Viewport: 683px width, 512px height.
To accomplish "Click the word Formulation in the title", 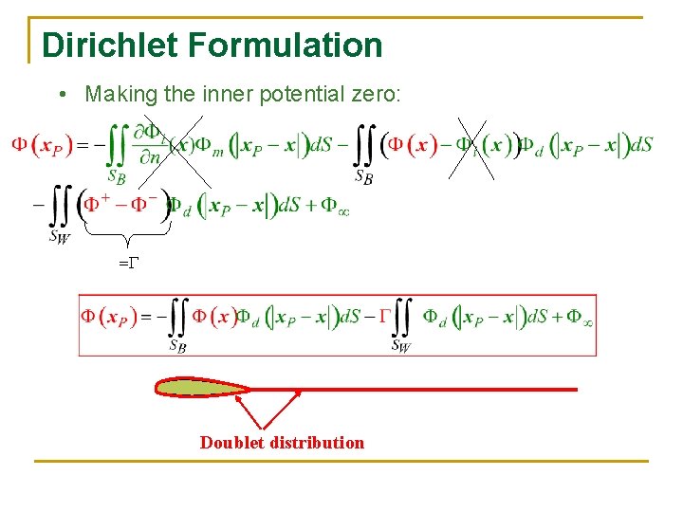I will pos(285,45).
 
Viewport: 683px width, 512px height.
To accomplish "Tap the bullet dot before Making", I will pos(61,95).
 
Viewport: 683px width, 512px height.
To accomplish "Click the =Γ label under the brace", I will pos(127,262).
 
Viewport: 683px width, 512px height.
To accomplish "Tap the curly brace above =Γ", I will pos(127,237).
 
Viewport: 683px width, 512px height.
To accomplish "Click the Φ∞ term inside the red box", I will pos(580,317).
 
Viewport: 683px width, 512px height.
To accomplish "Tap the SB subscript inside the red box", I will pos(178,346).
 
